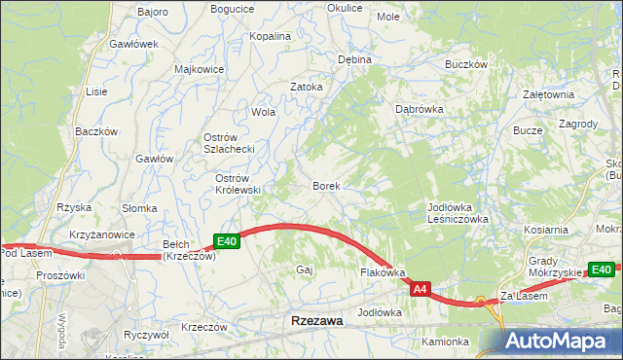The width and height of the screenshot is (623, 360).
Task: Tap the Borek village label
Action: pyautogui.click(x=325, y=185)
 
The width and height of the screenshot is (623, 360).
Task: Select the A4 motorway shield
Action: pyautogui.click(x=420, y=289)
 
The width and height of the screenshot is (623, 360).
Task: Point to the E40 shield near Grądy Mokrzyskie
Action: pyautogui.click(x=601, y=270)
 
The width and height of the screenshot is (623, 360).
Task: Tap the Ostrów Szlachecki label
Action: pyautogui.click(x=228, y=143)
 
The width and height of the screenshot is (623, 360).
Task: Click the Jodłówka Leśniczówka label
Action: pyautogui.click(x=458, y=213)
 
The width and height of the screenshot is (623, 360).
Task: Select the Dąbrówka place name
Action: pyautogui.click(x=419, y=109)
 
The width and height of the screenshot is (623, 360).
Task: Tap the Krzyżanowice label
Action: pyautogui.click(x=101, y=236)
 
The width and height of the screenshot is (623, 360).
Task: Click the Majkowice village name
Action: pyautogui.click(x=199, y=70)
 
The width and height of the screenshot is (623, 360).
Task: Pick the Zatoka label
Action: pyautogui.click(x=306, y=86)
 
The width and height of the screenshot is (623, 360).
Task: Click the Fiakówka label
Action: pyautogui.click(x=383, y=273)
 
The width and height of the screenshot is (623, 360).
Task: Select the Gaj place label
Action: pyautogui.click(x=303, y=270)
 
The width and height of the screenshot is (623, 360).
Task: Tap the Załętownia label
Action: pyautogui.click(x=548, y=94)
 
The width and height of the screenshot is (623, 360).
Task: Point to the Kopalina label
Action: pyautogui.click(x=271, y=36)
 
